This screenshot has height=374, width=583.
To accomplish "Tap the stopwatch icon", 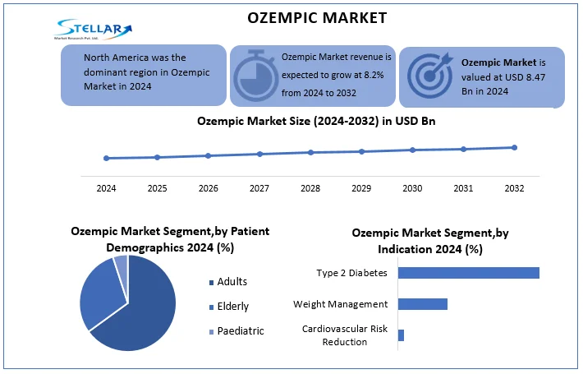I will click(x=255, y=75).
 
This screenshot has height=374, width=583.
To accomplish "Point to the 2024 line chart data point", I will click(x=106, y=158).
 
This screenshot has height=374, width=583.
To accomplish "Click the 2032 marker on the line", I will click(x=515, y=148).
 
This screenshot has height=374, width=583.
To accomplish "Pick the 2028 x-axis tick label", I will click(x=310, y=188).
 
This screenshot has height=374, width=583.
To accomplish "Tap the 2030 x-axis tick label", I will click(x=412, y=188).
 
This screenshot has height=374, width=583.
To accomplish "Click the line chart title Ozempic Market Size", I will click(x=310, y=121).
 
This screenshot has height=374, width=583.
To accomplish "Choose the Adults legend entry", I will click(x=231, y=282).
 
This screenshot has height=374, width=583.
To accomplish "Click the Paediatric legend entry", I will click(x=239, y=330).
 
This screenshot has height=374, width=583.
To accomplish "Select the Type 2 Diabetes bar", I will click(x=468, y=273).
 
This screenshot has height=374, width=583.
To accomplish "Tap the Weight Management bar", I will click(x=422, y=304).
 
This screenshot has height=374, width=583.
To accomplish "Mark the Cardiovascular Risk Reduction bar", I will click(x=401, y=335).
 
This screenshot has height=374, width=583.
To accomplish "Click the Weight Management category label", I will click(x=340, y=304).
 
